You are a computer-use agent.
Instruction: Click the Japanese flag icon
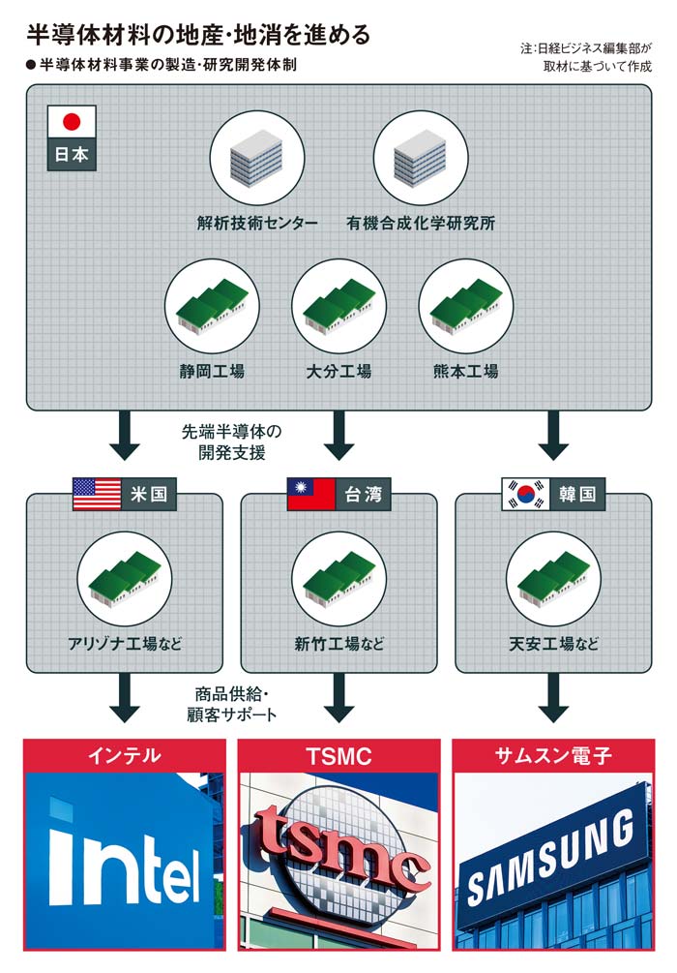click(x=72, y=123)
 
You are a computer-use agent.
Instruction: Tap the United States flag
click(x=97, y=495)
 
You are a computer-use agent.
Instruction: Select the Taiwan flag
click(x=311, y=495)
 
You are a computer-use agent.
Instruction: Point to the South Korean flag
click(x=525, y=495)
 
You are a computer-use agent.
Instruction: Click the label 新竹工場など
click(x=338, y=644)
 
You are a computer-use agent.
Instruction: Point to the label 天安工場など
click(x=553, y=644)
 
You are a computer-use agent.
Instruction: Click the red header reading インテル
click(x=124, y=756)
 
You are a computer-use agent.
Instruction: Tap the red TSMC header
click(x=338, y=756)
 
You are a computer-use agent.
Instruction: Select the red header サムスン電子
click(x=553, y=756)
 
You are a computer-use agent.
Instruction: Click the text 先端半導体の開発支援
click(x=229, y=441)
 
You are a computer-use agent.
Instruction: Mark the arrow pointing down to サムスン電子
click(x=553, y=700)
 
